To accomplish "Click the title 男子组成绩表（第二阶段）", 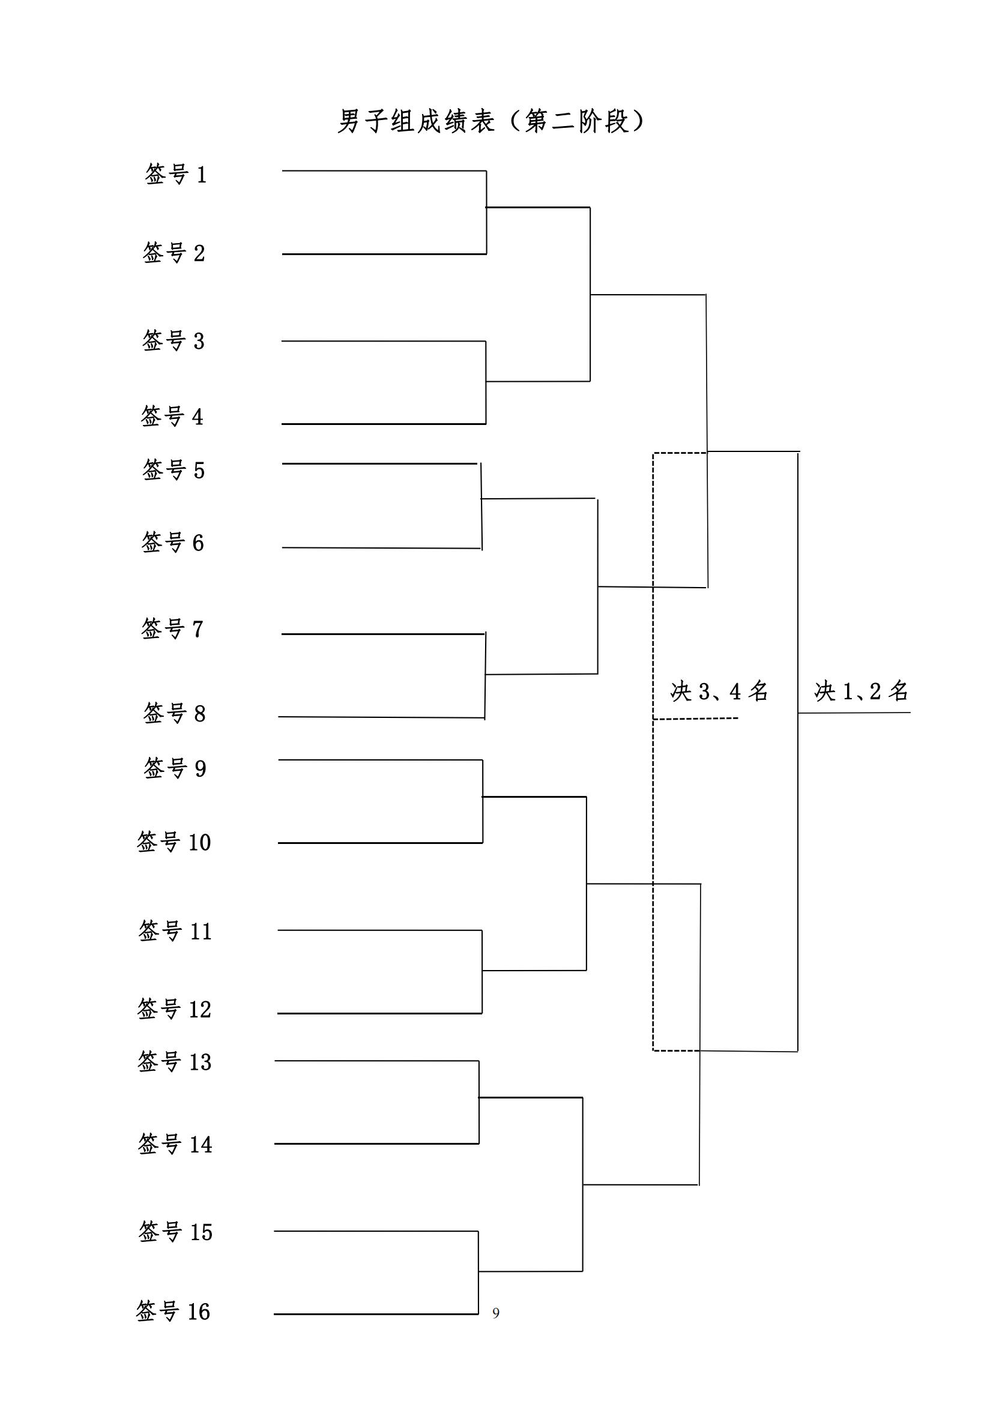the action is pyautogui.click(x=492, y=121).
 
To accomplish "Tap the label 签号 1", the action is pyautogui.click(x=175, y=174).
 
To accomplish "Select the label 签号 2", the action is pyautogui.click(x=174, y=253).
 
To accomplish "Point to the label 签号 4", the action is pyautogui.click(x=172, y=417).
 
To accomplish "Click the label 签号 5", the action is pyautogui.click(x=174, y=469).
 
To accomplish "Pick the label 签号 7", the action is pyautogui.click(x=172, y=628).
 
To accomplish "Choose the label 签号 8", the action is pyautogui.click(x=174, y=713).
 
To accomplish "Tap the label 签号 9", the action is pyautogui.click(x=175, y=768).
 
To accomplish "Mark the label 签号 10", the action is pyautogui.click(x=174, y=842).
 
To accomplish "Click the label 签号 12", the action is pyautogui.click(x=174, y=1009).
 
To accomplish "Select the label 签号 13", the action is pyautogui.click(x=175, y=1062).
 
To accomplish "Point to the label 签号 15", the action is pyautogui.click(x=175, y=1232).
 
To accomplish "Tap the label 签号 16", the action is pyautogui.click(x=173, y=1311).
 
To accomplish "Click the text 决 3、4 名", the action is pyautogui.click(x=719, y=691).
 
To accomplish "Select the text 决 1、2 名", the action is pyautogui.click(x=861, y=691).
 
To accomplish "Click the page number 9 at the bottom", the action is pyautogui.click(x=496, y=1313).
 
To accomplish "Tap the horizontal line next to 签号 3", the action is pyautogui.click(x=384, y=341).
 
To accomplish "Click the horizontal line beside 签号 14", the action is pyautogui.click(x=376, y=1143).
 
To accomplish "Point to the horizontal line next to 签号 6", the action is pyautogui.click(x=382, y=548).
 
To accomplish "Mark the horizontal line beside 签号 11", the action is pyautogui.click(x=379, y=930).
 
